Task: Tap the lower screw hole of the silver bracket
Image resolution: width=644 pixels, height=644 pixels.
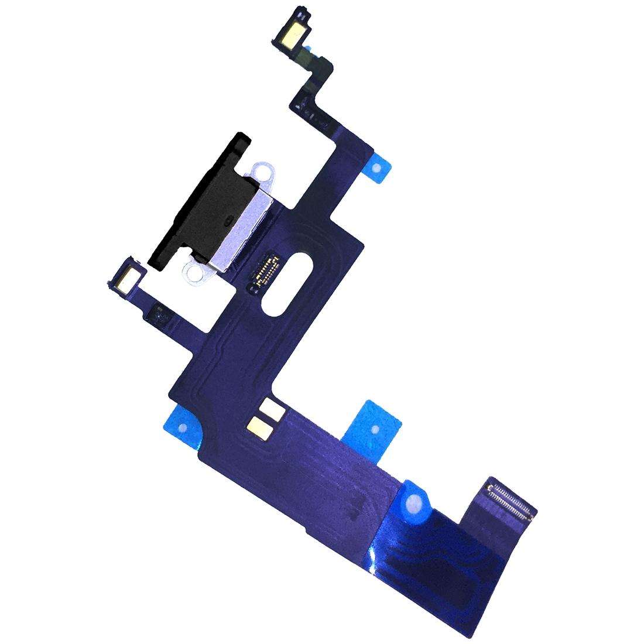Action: coord(190,270)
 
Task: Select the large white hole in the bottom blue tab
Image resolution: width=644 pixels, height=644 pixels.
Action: coord(416,502)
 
